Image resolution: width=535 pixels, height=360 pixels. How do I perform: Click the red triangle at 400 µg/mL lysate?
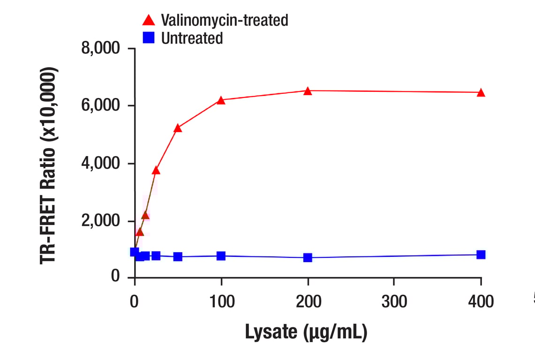click(x=481, y=93)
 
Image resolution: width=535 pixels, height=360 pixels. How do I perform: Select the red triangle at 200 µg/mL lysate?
click(x=308, y=91)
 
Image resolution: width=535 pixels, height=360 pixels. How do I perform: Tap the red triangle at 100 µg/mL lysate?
click(x=221, y=100)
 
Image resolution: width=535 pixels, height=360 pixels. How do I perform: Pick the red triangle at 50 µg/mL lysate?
click(x=178, y=128)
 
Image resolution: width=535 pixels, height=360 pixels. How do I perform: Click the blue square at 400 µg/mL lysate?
click(x=481, y=255)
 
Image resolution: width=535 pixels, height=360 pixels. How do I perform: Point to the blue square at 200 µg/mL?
click(x=308, y=257)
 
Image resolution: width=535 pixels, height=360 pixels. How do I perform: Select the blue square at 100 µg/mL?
click(x=221, y=256)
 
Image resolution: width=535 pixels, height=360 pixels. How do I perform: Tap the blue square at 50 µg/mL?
click(x=178, y=256)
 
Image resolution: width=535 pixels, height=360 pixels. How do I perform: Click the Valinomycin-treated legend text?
click(x=224, y=20)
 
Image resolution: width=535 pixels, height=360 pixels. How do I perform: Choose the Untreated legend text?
click(x=192, y=38)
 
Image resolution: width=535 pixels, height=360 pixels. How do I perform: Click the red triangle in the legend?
click(x=149, y=20)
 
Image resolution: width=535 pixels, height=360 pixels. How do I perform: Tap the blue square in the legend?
click(x=149, y=38)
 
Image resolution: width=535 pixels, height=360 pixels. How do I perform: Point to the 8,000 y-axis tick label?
click(x=101, y=49)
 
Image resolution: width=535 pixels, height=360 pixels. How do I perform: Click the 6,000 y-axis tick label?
click(x=101, y=106)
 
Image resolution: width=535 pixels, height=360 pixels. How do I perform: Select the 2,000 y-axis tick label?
click(x=101, y=221)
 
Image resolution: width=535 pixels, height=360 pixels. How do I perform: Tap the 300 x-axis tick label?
click(x=394, y=302)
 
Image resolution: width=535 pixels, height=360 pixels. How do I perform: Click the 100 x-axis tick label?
click(x=221, y=302)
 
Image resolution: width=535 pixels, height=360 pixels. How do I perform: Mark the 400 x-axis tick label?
click(x=481, y=302)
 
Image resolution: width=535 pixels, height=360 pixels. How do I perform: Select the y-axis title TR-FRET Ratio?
click(x=49, y=166)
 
